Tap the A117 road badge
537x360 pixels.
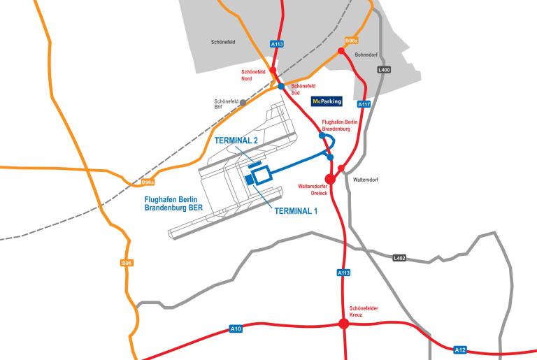[363, 104]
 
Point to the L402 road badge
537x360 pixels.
[399, 258]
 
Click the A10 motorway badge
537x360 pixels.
[236, 329]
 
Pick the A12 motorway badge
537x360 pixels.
[459, 350]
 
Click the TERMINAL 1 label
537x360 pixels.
[296, 211]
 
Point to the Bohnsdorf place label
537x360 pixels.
[366, 55]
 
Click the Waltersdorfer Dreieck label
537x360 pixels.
[313, 190]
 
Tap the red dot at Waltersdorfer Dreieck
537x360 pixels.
[331, 179]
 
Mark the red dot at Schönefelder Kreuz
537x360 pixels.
[343, 324]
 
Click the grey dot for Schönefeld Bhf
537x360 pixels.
[243, 102]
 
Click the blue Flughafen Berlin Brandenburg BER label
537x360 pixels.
[173, 203]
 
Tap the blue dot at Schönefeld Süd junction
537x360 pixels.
[281, 87]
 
